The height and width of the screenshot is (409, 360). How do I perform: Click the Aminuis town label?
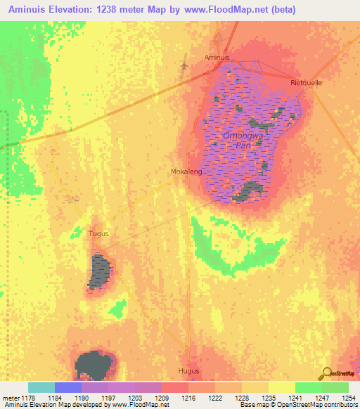(217, 57)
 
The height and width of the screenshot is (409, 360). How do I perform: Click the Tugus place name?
(98, 233)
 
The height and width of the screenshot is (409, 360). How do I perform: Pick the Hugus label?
(189, 370)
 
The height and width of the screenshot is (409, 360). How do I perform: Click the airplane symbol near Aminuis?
(184, 65)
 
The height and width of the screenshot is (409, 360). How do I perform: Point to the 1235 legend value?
(269, 398)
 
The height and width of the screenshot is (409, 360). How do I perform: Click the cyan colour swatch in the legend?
(41, 387)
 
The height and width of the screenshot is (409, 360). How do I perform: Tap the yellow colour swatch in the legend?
(281, 387)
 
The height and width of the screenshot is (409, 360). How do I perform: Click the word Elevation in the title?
(79, 10)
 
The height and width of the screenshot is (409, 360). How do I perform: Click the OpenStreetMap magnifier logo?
(325, 373)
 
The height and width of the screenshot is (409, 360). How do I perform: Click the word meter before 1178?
(11, 398)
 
